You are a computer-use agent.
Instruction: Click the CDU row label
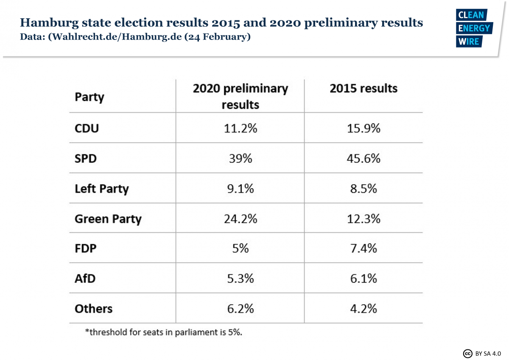click(x=87, y=128)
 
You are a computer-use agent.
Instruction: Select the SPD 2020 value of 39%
click(x=240, y=158)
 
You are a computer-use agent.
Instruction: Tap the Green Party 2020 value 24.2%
click(x=240, y=219)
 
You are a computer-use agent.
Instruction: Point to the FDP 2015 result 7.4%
click(x=364, y=248)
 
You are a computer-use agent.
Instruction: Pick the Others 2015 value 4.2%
click(x=364, y=309)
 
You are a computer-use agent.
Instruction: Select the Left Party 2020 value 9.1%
click(x=240, y=188)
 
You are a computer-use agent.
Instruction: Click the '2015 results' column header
click(x=364, y=89)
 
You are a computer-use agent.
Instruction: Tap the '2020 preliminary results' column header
click(x=240, y=96)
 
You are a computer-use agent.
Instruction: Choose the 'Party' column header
click(x=89, y=97)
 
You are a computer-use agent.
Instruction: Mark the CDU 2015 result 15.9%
click(x=364, y=128)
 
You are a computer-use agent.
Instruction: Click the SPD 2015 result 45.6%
click(x=364, y=158)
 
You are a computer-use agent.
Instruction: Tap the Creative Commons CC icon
click(x=468, y=353)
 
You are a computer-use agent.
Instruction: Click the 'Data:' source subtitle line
click(x=135, y=37)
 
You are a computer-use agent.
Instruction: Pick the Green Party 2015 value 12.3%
click(x=364, y=219)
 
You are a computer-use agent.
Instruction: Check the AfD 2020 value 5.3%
click(x=240, y=278)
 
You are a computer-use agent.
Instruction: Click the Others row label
click(x=93, y=309)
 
